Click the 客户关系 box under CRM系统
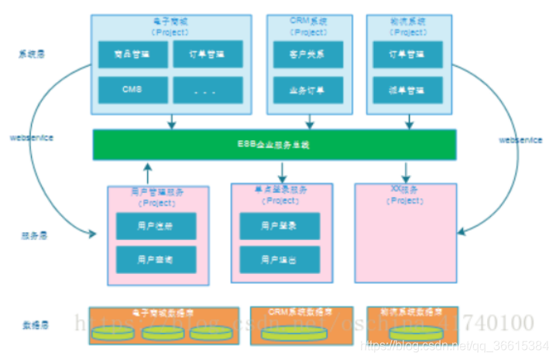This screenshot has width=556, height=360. click(x=309, y=55)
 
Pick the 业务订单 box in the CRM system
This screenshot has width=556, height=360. click(x=309, y=89)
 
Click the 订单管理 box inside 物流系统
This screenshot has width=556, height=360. click(x=407, y=55)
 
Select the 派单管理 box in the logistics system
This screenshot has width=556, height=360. click(x=407, y=89)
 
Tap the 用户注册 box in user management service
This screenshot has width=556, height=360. click(x=156, y=226)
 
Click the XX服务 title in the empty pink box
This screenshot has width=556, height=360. click(x=405, y=189)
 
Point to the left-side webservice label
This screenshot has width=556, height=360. click(x=31, y=137)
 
